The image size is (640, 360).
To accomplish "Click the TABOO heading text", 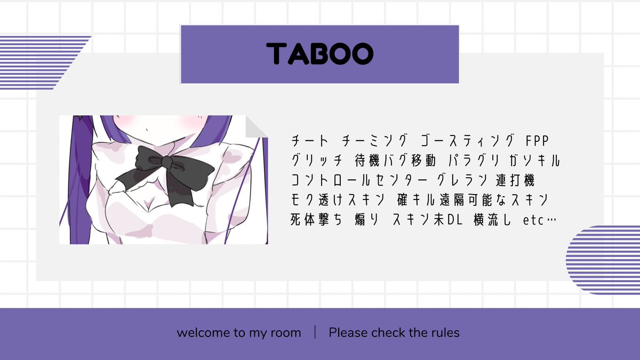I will coord(319,54).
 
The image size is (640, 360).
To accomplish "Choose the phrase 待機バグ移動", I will coord(394,160).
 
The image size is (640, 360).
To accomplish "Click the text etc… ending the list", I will coord(538,219).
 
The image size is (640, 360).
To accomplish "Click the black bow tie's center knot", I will coord(167,161).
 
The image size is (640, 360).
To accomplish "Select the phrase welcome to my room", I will coord(239,333).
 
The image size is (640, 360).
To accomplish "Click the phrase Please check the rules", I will coord(394,333).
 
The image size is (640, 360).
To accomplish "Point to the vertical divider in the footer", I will coord(315,332).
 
